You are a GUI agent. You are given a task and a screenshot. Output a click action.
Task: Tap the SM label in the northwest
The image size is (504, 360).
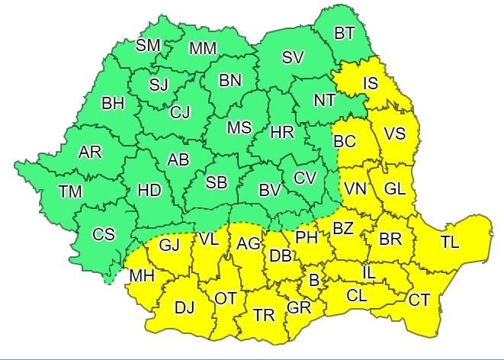click(x=148, y=45)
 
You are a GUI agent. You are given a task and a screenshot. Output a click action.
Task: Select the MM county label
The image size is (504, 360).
click(x=203, y=49)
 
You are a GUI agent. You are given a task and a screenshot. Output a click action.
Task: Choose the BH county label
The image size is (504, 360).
click(x=113, y=102)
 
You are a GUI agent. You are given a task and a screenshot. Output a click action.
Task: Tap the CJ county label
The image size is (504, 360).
click(x=180, y=113)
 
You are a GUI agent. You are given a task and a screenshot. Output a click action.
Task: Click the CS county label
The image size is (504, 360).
click(x=104, y=234)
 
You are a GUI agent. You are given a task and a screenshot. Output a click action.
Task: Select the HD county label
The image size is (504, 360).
click(x=149, y=191)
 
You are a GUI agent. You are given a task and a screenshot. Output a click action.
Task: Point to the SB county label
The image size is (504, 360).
click(x=217, y=182)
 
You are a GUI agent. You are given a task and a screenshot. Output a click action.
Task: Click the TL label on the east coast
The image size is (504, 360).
click(x=450, y=242)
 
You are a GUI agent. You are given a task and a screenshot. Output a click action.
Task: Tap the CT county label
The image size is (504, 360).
click(x=419, y=299)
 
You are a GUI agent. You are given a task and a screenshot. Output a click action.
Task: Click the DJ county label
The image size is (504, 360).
click(x=185, y=307)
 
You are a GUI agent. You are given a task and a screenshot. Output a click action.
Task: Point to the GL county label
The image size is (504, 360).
click(x=394, y=189)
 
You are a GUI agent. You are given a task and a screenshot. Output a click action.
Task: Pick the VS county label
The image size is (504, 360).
click(x=394, y=133)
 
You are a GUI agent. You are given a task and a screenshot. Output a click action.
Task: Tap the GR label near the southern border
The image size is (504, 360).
click(x=298, y=309)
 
